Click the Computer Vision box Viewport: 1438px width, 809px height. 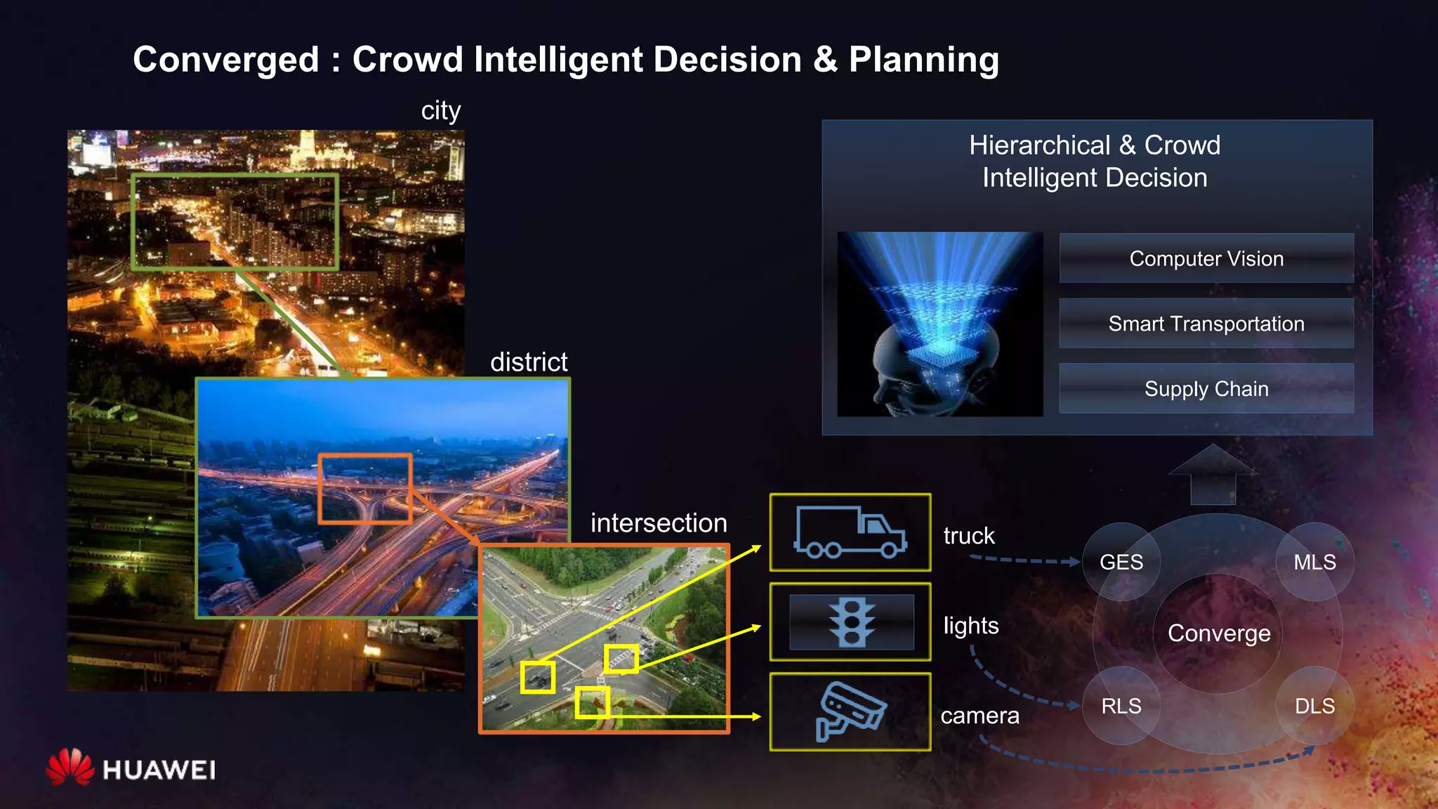point(1206,258)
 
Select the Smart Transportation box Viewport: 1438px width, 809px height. point(1206,324)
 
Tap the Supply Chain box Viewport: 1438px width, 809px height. point(1206,388)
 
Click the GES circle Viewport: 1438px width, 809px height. point(1121,562)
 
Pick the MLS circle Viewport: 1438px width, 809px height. point(1314,562)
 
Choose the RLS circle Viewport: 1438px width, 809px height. point(1121,706)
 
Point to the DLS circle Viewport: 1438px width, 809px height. point(1314,706)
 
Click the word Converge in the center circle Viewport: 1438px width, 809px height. point(1219,633)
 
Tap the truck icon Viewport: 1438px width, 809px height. point(850,532)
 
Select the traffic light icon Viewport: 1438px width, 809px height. point(851,622)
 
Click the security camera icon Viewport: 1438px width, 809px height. point(850,712)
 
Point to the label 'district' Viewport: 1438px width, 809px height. point(529,362)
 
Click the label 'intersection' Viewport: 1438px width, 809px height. point(659,523)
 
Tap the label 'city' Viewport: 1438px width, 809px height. point(441,111)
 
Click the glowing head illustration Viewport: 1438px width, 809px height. point(939,324)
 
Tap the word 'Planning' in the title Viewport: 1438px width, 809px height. point(923,60)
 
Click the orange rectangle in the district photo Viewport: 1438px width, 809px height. point(365,489)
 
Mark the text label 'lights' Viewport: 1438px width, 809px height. point(970,626)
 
